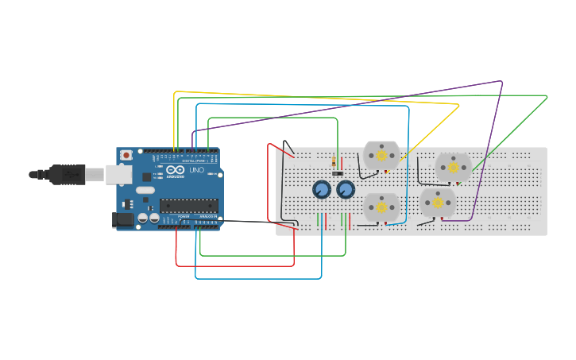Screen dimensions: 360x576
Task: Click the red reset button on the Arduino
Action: pos(126,156)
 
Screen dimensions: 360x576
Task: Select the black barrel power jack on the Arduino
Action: pos(123,219)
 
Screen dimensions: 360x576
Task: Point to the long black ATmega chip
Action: pos(188,205)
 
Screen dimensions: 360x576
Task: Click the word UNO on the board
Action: pos(197,169)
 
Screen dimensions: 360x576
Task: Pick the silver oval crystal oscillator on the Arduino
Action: pos(145,190)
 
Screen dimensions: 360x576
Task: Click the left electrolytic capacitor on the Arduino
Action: pos(143,217)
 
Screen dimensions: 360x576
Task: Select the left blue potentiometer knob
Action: pos(321,189)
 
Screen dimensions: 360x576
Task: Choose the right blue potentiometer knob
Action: pos(346,189)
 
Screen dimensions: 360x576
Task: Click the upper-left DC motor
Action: pos(381,155)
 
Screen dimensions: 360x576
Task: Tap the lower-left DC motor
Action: pos(381,207)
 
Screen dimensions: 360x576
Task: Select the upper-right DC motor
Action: pos(454,167)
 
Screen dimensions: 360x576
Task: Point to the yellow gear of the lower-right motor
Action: pos(438,202)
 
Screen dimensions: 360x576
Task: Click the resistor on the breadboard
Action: pos(334,162)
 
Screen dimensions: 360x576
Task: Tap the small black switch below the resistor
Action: pos(338,173)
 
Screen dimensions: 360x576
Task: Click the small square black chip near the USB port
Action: pos(146,176)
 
